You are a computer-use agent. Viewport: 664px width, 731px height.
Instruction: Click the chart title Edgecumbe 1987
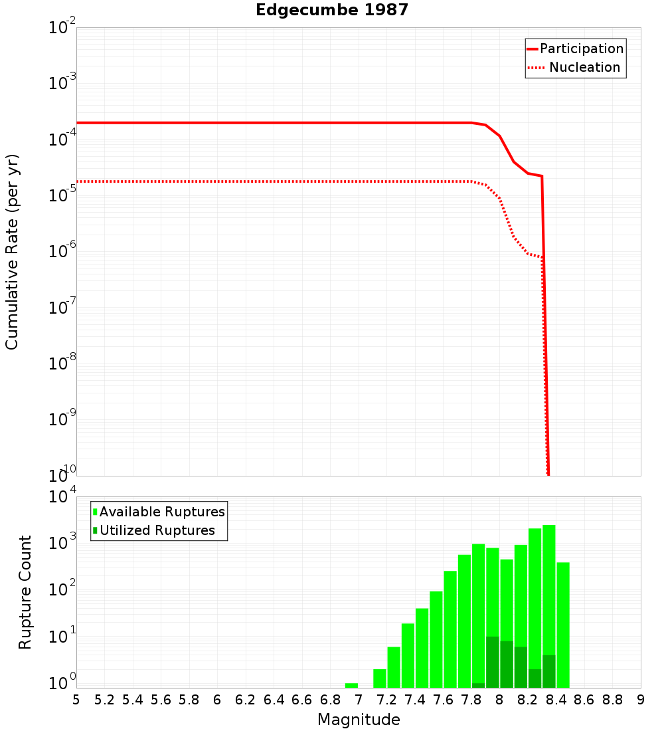pyautogui.click(x=331, y=10)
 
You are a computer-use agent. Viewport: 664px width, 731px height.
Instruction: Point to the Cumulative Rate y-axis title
pyautogui.click(x=12, y=252)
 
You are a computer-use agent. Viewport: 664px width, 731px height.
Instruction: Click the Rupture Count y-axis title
pyautogui.click(x=25, y=592)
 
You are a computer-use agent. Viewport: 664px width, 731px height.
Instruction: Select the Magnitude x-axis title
pyautogui.click(x=359, y=720)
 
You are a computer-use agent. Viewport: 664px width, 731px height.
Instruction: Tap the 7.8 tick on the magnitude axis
pyautogui.click(x=471, y=699)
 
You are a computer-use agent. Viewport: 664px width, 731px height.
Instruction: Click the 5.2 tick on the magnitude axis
pyautogui.click(x=105, y=699)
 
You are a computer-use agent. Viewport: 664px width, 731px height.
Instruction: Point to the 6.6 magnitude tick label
pyautogui.click(x=302, y=699)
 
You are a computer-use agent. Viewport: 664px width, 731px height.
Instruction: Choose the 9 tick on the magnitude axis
pyautogui.click(x=641, y=699)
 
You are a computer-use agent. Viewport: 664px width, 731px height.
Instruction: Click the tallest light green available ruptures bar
pyautogui.click(x=549, y=598)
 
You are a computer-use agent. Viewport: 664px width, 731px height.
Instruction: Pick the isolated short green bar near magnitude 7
pyautogui.click(x=351, y=685)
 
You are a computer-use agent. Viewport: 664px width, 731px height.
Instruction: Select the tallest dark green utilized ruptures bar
pyautogui.click(x=493, y=661)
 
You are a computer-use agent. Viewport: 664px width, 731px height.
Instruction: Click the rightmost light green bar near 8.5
pyautogui.click(x=563, y=625)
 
